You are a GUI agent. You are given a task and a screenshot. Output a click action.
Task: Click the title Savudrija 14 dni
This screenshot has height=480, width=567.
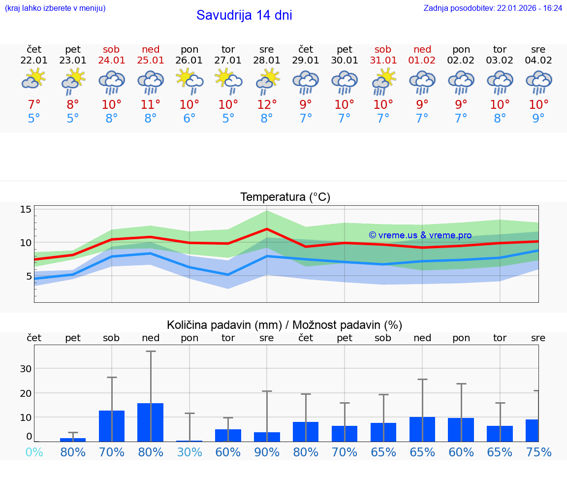coord(244,15)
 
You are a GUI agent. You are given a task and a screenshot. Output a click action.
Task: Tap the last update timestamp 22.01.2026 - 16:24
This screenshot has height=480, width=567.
coord(493,8)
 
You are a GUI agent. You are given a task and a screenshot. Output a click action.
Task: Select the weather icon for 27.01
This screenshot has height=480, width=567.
coord(228,81)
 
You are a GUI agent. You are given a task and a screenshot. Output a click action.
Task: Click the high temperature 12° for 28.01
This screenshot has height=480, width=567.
coord(267,104)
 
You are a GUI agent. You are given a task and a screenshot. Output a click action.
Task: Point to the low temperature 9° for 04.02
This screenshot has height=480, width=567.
coord(538,118)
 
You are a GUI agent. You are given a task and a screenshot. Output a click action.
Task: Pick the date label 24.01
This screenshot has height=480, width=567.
coord(112,61)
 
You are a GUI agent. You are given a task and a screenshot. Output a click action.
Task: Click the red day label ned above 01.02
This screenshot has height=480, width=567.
coord(422,49)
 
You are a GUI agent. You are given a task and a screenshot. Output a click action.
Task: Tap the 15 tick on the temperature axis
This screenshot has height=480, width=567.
coord(26,210)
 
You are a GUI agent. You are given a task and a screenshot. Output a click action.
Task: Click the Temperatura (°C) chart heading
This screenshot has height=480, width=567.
coord(285,197)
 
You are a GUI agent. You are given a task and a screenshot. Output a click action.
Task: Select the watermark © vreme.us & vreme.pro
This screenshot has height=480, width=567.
coord(420,235)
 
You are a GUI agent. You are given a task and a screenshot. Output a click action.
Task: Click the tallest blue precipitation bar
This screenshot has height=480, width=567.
coord(150,422)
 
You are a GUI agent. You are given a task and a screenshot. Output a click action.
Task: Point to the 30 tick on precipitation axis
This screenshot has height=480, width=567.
coord(26,369)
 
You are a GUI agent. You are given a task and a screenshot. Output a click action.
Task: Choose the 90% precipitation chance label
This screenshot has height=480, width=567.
coord(267,452)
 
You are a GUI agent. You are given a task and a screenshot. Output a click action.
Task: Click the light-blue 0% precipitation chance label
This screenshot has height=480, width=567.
coord(34,452)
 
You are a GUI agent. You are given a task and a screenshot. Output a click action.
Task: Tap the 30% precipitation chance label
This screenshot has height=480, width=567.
coord(189,452)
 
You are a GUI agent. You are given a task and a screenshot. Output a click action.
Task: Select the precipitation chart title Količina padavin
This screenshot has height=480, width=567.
coord(284,325)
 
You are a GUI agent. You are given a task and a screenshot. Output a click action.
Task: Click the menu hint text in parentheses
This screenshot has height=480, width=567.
coord(55,8)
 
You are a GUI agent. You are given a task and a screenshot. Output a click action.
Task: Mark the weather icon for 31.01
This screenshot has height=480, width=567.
coord(383,81)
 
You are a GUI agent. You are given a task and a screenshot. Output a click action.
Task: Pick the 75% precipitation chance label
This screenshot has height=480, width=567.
coord(538,452)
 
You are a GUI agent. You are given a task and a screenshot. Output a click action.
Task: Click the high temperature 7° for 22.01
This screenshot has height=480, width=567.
coord(34,104)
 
